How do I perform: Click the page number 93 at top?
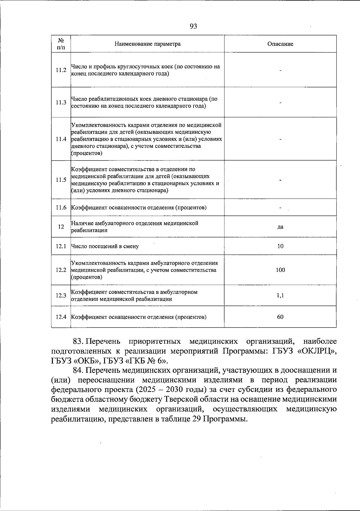click(x=193, y=26)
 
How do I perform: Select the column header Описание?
click(x=280, y=44)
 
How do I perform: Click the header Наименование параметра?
click(x=148, y=44)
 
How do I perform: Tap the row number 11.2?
click(x=61, y=70)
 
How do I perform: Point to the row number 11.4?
click(x=61, y=139)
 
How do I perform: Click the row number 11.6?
click(x=61, y=208)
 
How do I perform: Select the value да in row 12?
click(x=280, y=227)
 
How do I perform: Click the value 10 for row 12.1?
click(x=280, y=246)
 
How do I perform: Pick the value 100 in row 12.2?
click(x=280, y=270)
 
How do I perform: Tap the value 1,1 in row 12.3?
click(x=280, y=295)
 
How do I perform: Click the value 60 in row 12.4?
click(x=280, y=317)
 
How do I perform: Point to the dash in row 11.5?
click(x=280, y=180)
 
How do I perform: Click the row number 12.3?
click(x=61, y=295)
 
